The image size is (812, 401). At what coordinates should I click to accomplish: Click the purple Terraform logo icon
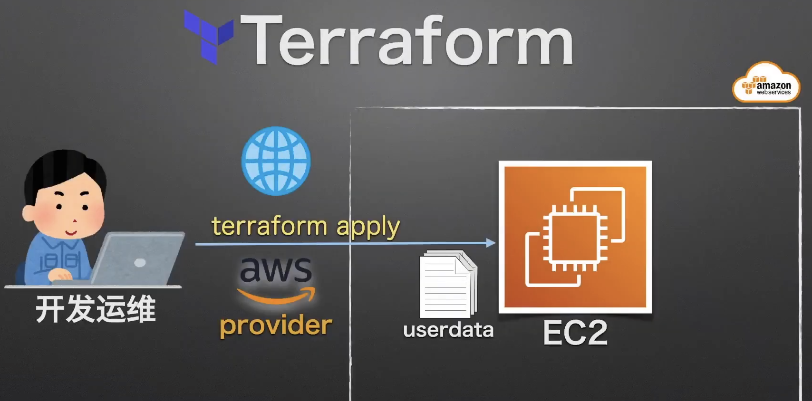tap(208, 36)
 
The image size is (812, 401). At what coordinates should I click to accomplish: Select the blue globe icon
tap(276, 161)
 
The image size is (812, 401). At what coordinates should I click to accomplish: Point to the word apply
tap(368, 227)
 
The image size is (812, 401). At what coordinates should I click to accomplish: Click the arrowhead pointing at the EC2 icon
tap(491, 243)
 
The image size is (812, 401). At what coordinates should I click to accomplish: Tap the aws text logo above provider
tap(276, 269)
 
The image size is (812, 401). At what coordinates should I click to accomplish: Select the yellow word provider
tap(276, 326)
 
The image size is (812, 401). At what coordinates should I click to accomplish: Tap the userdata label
tap(448, 330)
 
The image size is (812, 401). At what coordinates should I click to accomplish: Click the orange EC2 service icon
tap(575, 237)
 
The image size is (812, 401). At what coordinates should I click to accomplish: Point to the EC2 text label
tap(575, 333)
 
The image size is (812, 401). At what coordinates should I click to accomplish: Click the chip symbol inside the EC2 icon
tap(575, 238)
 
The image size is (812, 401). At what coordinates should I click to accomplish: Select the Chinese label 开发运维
tap(96, 309)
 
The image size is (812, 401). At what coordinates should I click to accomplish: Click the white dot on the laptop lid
tap(140, 263)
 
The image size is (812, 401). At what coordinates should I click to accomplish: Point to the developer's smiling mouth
tap(71, 232)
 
